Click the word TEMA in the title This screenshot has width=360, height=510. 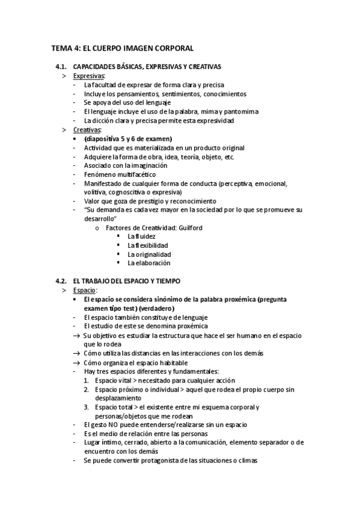tap(61, 48)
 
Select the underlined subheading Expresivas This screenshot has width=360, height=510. tap(88, 76)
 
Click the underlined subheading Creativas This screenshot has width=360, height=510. tap(87, 129)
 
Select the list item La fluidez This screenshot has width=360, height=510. tap(141, 236)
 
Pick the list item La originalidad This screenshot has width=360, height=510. tap(148, 254)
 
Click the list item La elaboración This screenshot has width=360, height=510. tap(148, 263)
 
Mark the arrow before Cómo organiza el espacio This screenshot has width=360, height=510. tap(76, 362)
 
